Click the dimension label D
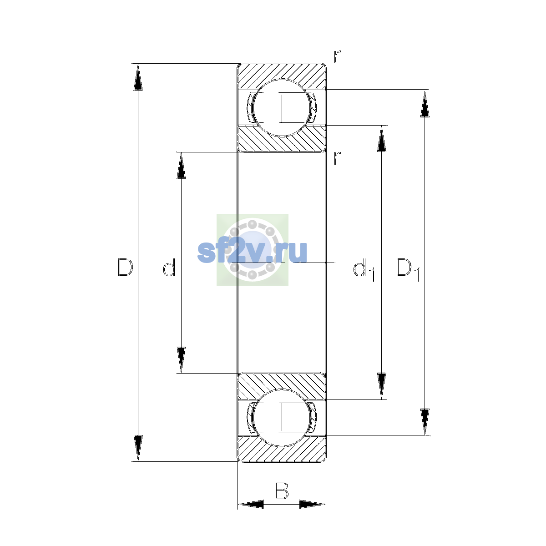125,267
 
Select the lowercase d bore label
169,267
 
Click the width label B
281,490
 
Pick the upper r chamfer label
337,57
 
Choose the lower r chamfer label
337,158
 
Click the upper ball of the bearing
282,108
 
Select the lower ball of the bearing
282,418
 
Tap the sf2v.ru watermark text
252,252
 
